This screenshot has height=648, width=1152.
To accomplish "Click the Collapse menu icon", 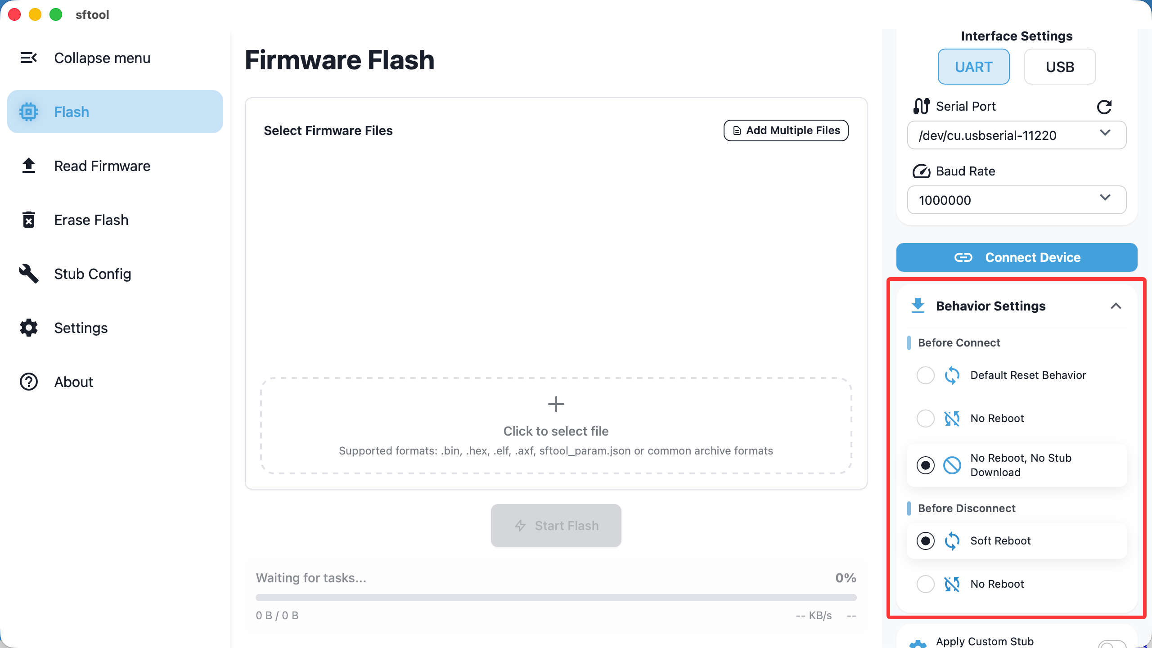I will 28,58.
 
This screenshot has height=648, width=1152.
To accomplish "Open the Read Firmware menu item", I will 102,166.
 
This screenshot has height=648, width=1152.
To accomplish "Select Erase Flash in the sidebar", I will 91,220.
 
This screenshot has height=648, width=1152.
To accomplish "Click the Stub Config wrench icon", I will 28,274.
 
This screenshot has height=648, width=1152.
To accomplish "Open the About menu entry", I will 73,382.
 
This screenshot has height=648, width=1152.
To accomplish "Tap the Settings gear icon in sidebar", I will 28,328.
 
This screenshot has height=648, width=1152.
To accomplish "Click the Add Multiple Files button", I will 786,130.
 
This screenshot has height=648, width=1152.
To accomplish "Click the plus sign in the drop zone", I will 556,404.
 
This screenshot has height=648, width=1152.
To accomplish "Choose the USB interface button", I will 1060,67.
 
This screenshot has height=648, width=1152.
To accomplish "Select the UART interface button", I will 973,67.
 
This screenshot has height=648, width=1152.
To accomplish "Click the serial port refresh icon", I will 1104,107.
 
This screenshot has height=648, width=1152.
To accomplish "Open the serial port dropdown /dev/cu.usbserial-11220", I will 1017,135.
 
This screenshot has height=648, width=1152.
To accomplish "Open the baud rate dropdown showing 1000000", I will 1017,200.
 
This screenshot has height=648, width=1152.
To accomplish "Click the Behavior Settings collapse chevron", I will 1116,306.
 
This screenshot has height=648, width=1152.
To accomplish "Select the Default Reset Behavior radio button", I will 925,375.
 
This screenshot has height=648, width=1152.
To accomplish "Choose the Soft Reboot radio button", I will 925,541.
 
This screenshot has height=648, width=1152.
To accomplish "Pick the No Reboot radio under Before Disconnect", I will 925,584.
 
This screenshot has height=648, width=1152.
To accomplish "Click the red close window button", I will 14,14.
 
